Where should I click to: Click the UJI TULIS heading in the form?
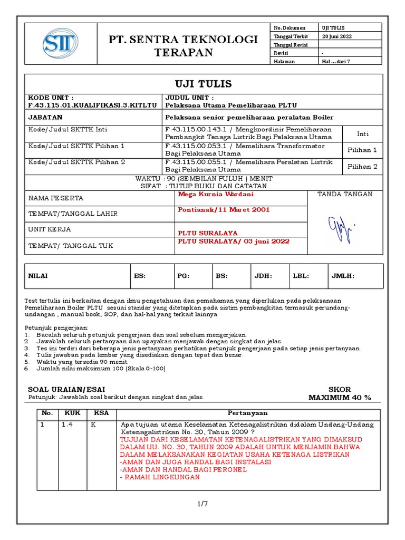[x=203, y=84]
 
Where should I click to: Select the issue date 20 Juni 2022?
[x=337, y=36]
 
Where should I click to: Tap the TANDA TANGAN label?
[x=344, y=195]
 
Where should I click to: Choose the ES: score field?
[x=140, y=276]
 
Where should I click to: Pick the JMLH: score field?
[x=343, y=276]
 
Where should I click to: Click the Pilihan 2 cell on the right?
[x=362, y=167]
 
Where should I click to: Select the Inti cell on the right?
[x=362, y=134]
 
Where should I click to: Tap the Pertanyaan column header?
[x=247, y=413]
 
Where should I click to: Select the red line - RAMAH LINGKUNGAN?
[x=160, y=477]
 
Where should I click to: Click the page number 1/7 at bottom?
[x=202, y=504]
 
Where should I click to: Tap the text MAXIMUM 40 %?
[x=340, y=397]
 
